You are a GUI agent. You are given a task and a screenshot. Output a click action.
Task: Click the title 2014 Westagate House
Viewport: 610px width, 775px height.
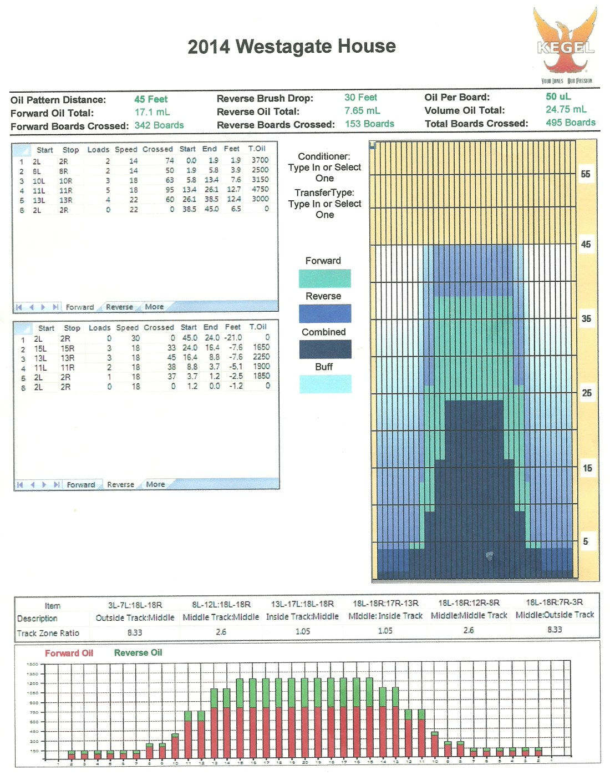(292, 47)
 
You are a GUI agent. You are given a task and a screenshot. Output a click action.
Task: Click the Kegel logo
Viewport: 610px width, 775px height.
(565, 44)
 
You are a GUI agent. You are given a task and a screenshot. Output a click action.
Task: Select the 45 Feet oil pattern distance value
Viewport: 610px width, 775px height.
(151, 99)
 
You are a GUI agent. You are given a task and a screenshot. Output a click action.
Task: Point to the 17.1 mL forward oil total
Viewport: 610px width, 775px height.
(152, 112)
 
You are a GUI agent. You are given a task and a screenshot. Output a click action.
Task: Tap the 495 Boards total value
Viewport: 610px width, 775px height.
(570, 123)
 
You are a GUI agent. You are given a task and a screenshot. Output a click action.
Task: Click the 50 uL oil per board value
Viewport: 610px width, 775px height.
(558, 97)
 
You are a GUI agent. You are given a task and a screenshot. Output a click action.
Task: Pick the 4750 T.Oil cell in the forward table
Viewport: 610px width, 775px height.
(260, 189)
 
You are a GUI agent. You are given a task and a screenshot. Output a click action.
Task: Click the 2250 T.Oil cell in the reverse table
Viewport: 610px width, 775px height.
(261, 357)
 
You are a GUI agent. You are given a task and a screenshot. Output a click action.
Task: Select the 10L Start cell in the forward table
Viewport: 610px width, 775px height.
(39, 181)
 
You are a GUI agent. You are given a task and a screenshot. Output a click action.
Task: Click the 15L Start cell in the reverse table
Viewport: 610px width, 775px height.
(40, 348)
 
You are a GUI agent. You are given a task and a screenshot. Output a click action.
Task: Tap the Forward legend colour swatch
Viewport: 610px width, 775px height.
(324, 278)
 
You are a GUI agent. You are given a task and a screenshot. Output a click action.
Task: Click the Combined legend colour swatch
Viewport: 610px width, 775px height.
(325, 349)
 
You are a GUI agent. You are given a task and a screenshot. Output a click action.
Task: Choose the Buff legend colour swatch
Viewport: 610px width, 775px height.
(325, 384)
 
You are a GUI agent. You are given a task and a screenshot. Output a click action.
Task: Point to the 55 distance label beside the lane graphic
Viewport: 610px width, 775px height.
(586, 174)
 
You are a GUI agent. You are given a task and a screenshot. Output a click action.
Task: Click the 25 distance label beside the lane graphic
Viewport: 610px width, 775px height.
(586, 393)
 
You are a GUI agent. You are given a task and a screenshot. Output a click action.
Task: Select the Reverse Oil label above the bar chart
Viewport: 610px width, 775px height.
(138, 653)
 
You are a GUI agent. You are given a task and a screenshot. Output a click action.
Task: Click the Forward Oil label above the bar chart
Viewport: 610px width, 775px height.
(69, 654)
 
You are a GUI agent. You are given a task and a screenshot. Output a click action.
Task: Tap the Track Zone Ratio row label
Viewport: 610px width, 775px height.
(48, 633)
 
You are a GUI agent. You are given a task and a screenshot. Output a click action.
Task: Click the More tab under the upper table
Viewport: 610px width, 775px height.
(154, 307)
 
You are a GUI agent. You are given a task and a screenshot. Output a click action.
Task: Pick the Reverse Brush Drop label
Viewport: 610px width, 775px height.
(265, 99)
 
